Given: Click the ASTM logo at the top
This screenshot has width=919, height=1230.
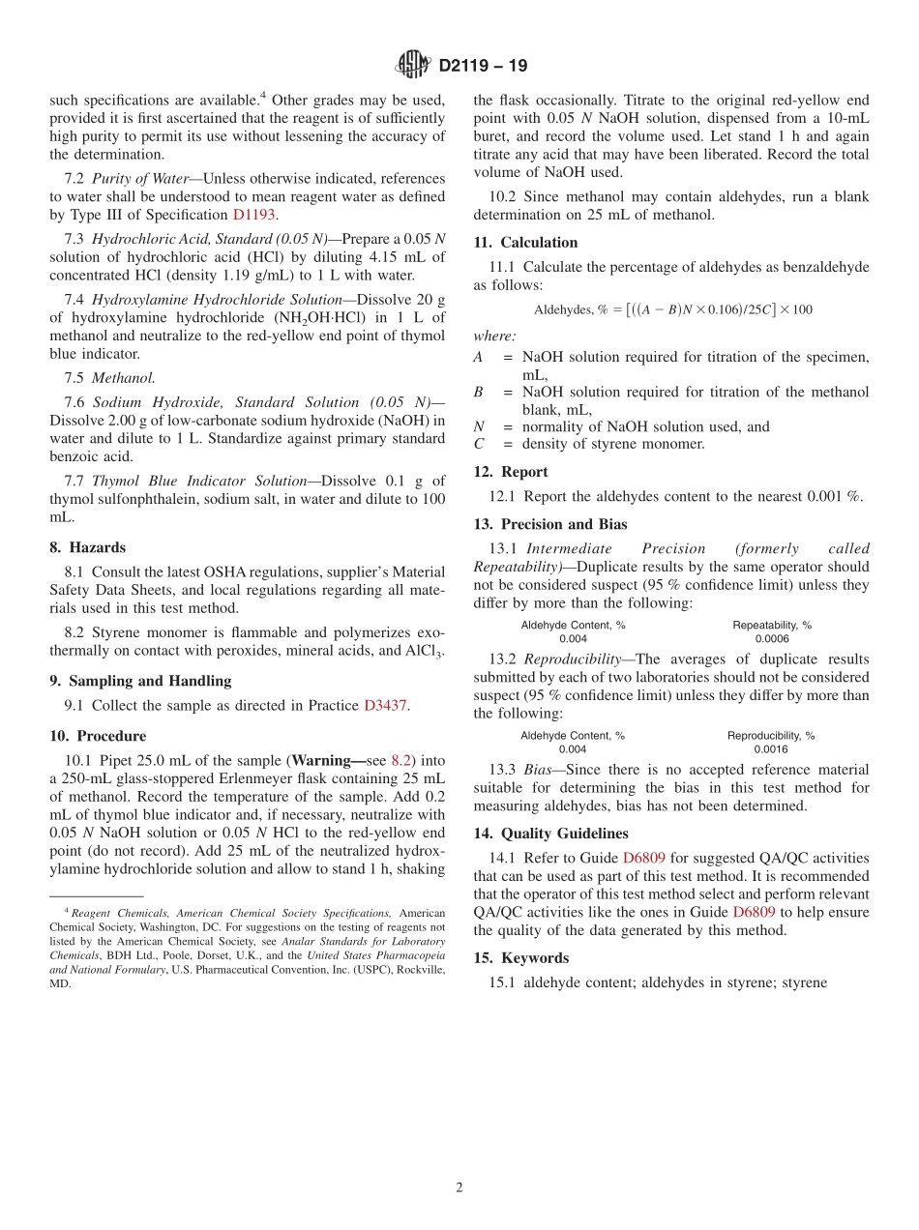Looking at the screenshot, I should [x=413, y=66].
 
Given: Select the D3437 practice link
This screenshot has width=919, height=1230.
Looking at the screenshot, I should [x=386, y=705].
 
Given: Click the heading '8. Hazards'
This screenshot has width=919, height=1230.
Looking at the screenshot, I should [x=88, y=547].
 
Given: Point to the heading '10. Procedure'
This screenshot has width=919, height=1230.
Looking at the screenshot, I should [x=98, y=736].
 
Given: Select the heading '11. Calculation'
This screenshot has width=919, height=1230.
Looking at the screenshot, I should [x=525, y=242].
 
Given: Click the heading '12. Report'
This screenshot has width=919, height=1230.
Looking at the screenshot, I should [x=511, y=472].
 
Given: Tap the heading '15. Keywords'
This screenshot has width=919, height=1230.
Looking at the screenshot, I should [x=520, y=958].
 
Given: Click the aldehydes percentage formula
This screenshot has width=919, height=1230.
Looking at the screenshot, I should [x=672, y=309].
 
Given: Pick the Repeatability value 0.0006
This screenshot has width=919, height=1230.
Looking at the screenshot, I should [x=772, y=638].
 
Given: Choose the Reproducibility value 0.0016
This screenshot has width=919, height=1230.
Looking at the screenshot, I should [x=771, y=748].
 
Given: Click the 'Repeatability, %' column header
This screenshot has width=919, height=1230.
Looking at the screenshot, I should [x=772, y=625].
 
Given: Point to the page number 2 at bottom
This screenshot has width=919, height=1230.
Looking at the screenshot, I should [x=459, y=1187].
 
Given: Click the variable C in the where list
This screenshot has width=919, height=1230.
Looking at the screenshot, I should [x=478, y=444].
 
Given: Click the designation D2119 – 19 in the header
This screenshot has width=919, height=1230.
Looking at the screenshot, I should [x=483, y=66].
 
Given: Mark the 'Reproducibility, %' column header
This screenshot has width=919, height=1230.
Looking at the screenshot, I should [x=771, y=735].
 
